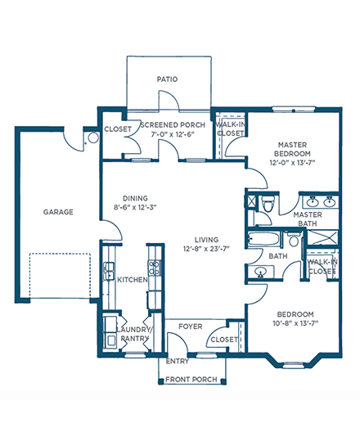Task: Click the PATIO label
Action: [x=167, y=79]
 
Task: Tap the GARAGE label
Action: [x=58, y=212]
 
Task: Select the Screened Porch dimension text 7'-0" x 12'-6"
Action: [x=173, y=134]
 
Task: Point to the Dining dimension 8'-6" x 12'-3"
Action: [x=135, y=207]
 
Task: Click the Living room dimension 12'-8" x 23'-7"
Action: [x=206, y=249]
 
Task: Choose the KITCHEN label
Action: [x=133, y=280]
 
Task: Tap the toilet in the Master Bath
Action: [x=268, y=204]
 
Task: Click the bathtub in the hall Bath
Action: [x=264, y=239]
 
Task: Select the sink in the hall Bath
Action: [x=260, y=273]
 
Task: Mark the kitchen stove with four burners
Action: [x=154, y=268]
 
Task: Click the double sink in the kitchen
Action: [x=109, y=271]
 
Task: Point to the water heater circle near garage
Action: [x=93, y=138]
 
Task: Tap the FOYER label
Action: [x=191, y=327]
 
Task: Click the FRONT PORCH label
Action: [x=191, y=380]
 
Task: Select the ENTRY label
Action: [x=178, y=361]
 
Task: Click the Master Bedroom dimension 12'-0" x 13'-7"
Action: [x=293, y=163]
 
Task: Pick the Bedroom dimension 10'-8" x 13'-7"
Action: [x=295, y=323]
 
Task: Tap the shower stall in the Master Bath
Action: [x=322, y=237]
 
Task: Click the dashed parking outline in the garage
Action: [x=60, y=276]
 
